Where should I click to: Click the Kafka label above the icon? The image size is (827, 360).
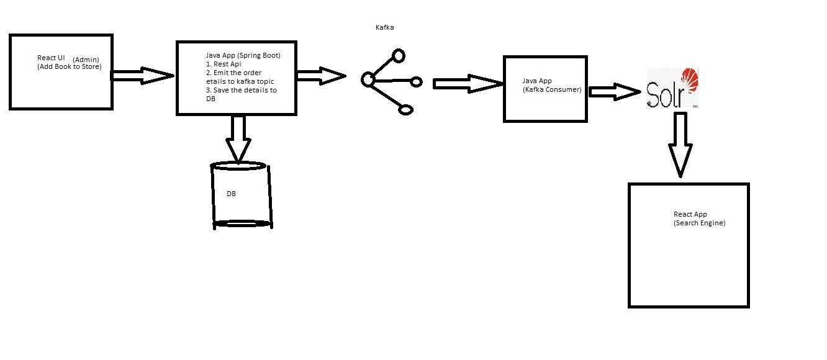tap(384, 28)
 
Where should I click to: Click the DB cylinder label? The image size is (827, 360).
tap(231, 194)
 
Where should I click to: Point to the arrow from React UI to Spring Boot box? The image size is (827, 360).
tap(142, 76)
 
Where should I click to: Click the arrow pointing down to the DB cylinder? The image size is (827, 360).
tap(238, 140)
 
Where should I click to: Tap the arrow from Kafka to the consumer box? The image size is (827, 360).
tap(468, 84)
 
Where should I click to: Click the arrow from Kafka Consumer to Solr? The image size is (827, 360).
tap(614, 92)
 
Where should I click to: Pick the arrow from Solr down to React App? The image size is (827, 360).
tap(680, 143)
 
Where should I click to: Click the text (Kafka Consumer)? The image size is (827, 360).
tap(552, 90)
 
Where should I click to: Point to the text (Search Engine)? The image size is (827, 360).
tap(699, 223)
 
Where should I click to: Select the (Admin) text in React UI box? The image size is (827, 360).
tap(86, 60)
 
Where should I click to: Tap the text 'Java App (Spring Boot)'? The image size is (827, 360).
tap(243, 55)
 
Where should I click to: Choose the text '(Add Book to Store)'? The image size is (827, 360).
tap(69, 66)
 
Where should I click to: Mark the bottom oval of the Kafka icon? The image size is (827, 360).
tap(406, 110)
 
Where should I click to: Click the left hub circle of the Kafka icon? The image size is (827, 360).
tap(368, 79)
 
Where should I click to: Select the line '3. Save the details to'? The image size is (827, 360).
tap(241, 90)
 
